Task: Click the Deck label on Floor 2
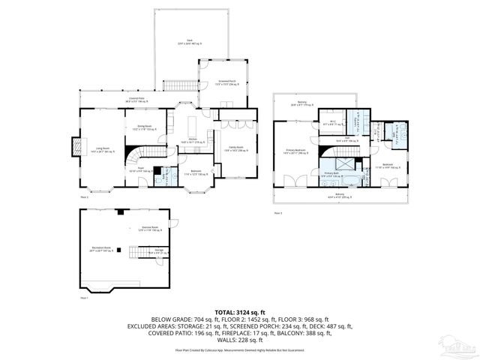coord(179,43)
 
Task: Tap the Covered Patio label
coord(135,99)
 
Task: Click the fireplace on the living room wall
coord(76,148)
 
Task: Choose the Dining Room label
coord(143,127)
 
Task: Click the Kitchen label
coord(192,139)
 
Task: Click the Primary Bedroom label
coord(296,151)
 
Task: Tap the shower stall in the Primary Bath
coord(345,163)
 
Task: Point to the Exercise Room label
coord(149,227)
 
